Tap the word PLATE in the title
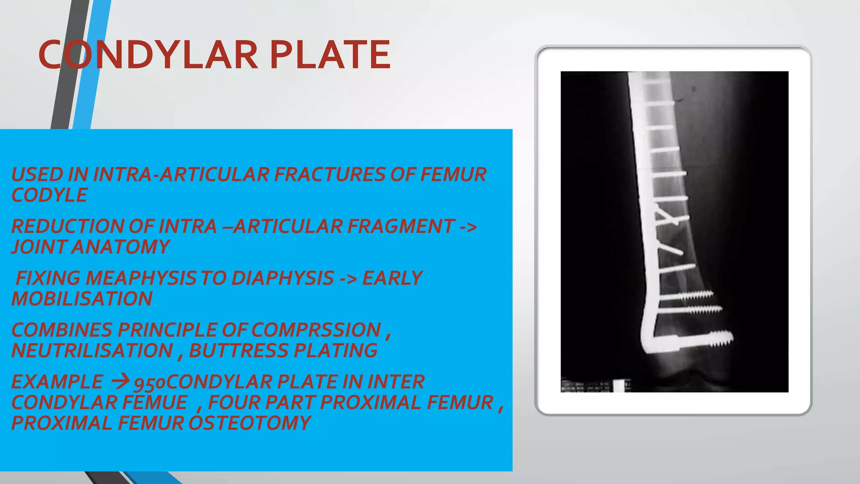tap(330, 55)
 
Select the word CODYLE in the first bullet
tap(50, 195)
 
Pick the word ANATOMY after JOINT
tap(121, 247)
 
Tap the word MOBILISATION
tap(82, 299)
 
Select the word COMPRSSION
tap(316, 330)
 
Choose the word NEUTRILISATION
tap(92, 350)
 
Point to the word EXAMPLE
tap(57, 382)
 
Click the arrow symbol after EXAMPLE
tap(121, 381)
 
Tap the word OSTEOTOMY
tap(249, 423)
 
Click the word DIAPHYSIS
tap(283, 278)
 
